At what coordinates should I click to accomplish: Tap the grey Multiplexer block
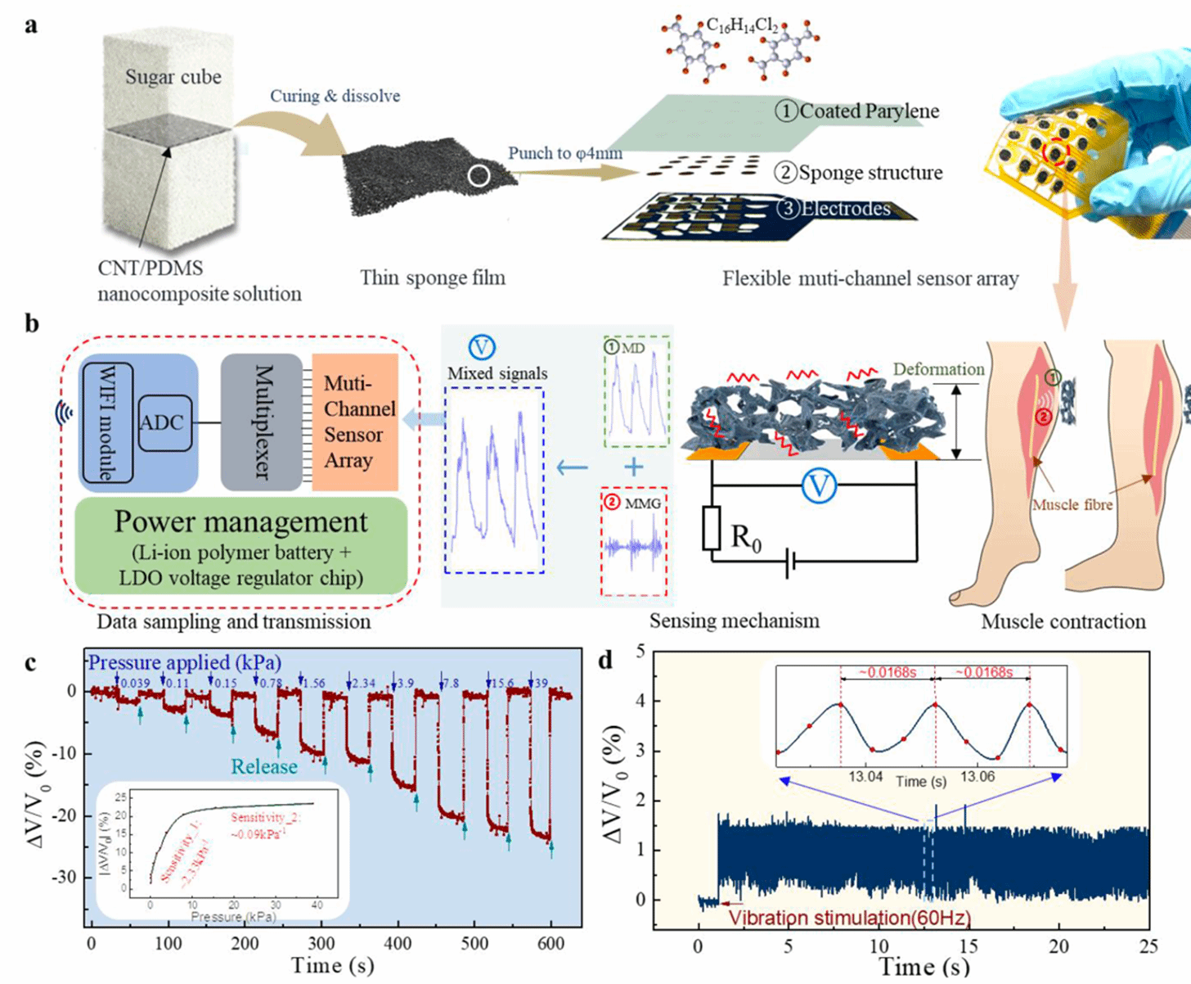(x=261, y=422)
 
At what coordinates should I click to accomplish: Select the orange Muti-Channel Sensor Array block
(x=355, y=422)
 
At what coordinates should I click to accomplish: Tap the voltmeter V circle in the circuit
(x=818, y=486)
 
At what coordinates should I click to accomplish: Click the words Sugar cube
(x=173, y=77)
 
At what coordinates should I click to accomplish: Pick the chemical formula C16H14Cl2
(x=742, y=25)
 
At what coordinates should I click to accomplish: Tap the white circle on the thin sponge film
(x=480, y=176)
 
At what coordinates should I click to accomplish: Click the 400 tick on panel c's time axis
(x=398, y=943)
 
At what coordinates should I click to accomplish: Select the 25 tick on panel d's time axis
(x=1148, y=946)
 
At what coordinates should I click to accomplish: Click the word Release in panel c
(x=263, y=767)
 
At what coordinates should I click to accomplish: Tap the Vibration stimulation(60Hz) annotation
(x=849, y=917)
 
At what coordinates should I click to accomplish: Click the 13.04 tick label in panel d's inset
(x=865, y=776)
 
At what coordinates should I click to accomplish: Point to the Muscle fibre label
(x=1072, y=505)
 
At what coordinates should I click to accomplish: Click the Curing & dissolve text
(x=335, y=96)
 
